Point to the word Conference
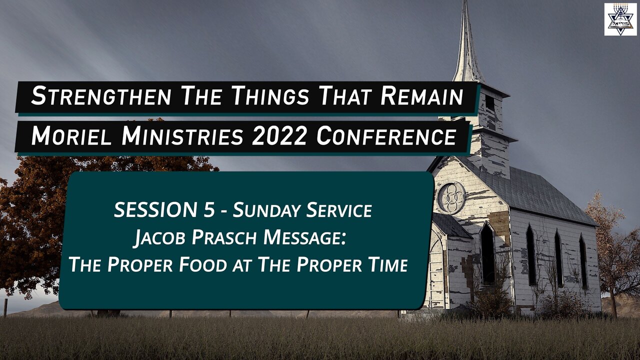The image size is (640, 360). click(x=386, y=136)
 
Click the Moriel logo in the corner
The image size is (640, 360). click(x=620, y=19)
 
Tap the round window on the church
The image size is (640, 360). click(x=451, y=197)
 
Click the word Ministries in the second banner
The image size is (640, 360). click(x=179, y=136)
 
